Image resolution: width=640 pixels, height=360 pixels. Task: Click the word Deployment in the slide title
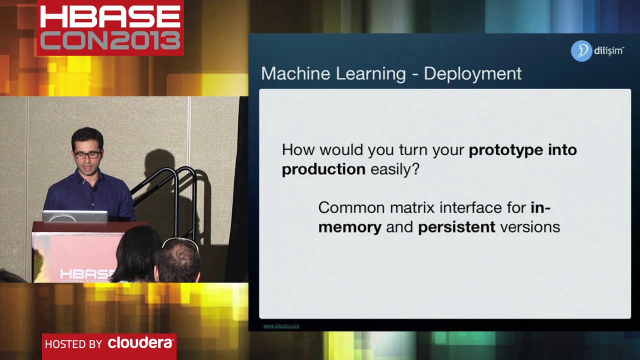472,73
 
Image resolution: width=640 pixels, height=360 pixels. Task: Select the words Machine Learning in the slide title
333,73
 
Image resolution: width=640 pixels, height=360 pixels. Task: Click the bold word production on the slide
323,169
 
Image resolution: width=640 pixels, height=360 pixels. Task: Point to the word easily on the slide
394,169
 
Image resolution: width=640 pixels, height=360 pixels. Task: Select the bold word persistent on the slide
456,227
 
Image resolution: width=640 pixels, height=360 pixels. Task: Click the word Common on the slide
351,207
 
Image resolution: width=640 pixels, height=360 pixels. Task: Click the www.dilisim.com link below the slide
281,325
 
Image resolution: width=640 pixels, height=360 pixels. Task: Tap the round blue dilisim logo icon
581,51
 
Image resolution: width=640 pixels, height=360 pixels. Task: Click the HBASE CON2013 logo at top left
110,28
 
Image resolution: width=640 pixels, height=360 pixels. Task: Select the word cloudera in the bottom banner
140,343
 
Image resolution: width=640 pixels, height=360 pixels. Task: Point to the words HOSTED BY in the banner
73,344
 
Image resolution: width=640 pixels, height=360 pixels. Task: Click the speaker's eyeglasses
87,154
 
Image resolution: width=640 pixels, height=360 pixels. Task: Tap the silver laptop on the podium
75,216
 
